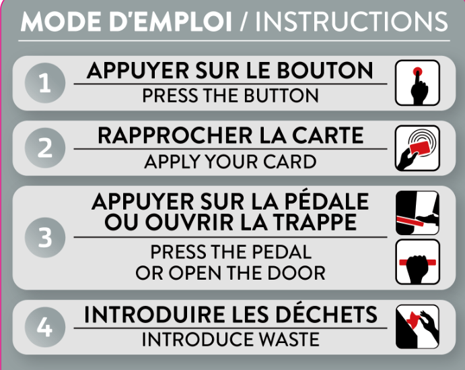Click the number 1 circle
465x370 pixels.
(x=45, y=83)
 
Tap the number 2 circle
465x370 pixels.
(x=45, y=148)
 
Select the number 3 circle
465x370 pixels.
(x=45, y=237)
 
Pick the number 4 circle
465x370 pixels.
(x=45, y=327)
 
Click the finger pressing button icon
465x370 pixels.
(x=417, y=83)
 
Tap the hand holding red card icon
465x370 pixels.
(x=417, y=148)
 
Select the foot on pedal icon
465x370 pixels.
(x=417, y=213)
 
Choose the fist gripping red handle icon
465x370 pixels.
(x=417, y=262)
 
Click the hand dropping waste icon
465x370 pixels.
(x=417, y=327)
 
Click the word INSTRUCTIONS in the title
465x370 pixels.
(x=351, y=22)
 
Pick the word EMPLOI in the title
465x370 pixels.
(x=180, y=22)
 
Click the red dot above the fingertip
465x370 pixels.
(x=417, y=71)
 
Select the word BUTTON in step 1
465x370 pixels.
(x=281, y=95)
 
